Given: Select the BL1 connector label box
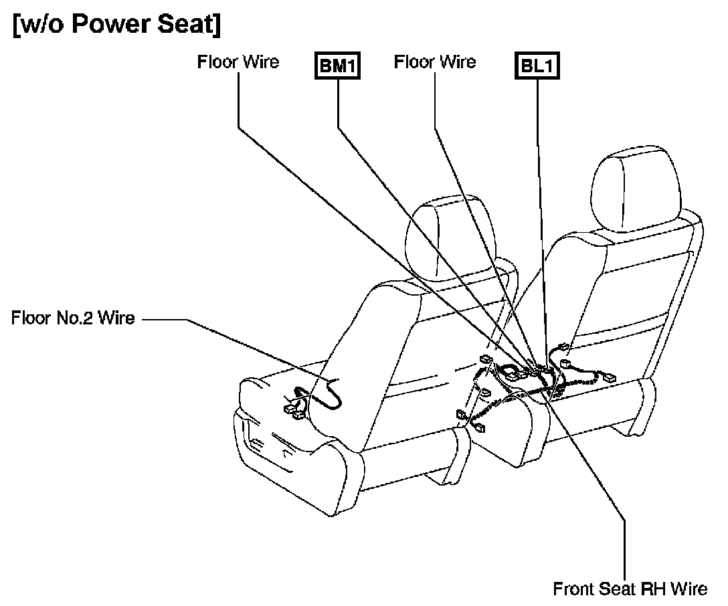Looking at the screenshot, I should (537, 66).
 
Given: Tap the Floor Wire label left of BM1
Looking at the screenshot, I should (238, 62).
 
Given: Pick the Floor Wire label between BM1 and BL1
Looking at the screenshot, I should (435, 62).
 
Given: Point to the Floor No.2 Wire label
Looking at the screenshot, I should (72, 318).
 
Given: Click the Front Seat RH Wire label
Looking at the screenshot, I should (630, 589).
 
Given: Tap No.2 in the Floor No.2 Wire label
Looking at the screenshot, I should (80, 318).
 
